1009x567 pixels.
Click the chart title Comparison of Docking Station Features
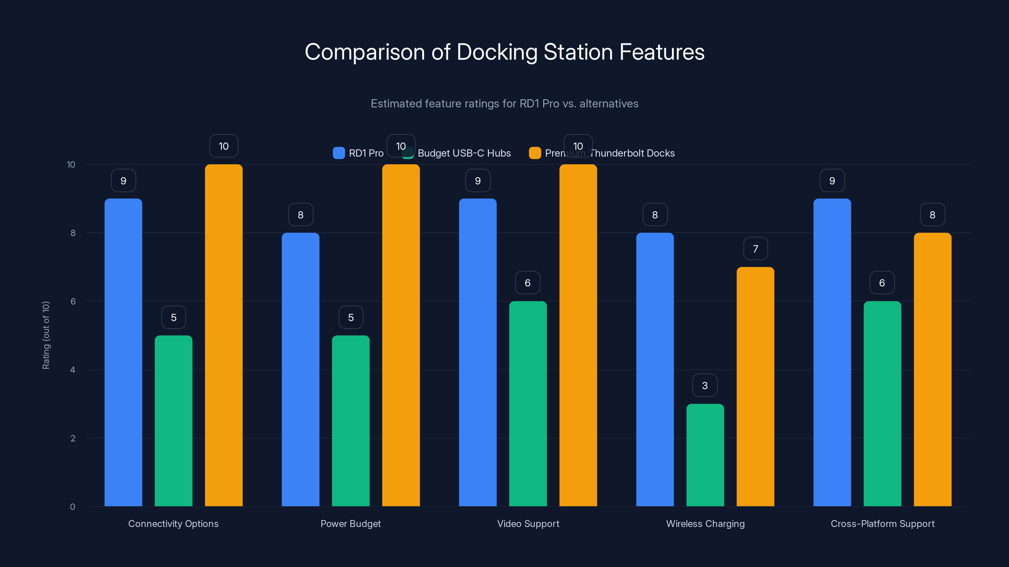click(x=504, y=52)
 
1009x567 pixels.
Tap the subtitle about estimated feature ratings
click(x=504, y=104)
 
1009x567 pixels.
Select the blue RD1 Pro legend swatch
click(x=338, y=153)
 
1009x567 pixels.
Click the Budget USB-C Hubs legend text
click(x=464, y=153)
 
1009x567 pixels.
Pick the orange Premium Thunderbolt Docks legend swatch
click(x=535, y=153)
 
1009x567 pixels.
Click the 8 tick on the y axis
click(x=73, y=233)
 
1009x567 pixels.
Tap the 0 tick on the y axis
click(x=73, y=507)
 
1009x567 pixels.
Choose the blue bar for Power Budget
click(x=300, y=369)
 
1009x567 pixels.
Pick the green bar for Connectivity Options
click(x=173, y=421)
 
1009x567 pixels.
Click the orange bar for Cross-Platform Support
click(x=932, y=369)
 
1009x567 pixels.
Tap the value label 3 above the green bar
click(x=705, y=386)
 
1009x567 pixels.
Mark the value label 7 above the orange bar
click(x=755, y=249)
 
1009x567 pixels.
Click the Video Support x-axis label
click(x=528, y=524)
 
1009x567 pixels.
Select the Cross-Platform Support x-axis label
click(x=883, y=524)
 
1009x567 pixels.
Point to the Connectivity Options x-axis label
click(x=173, y=524)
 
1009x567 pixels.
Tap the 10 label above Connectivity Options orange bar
click(x=224, y=146)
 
